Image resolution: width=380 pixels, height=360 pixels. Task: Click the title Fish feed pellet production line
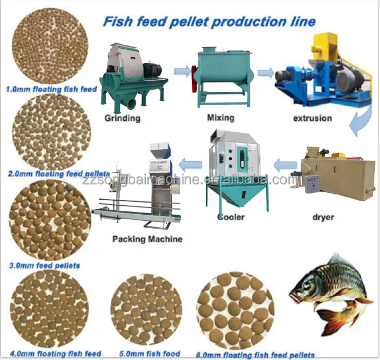click(209, 22)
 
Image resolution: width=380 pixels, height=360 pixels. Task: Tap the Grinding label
click(123, 118)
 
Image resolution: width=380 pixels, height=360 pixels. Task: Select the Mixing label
click(220, 118)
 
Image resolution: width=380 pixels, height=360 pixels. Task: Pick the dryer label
click(323, 216)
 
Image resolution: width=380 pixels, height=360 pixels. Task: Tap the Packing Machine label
click(148, 239)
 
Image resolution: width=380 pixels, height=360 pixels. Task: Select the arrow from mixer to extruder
click(265, 72)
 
